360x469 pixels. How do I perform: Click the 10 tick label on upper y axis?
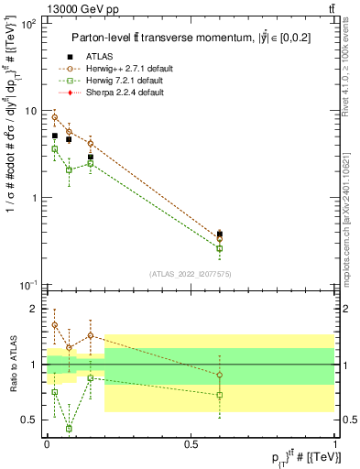(x=28, y=111)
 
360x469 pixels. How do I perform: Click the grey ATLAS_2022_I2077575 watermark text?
(x=190, y=274)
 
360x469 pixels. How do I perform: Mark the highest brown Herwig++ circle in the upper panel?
(x=55, y=117)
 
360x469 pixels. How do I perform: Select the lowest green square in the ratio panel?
(x=69, y=429)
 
